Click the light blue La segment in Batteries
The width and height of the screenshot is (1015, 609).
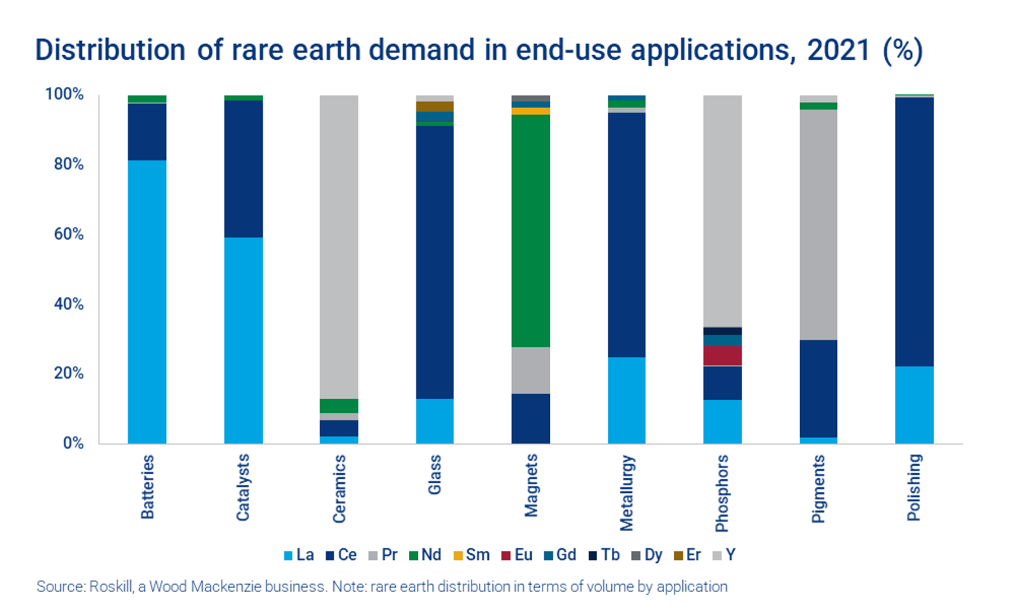[x=147, y=302]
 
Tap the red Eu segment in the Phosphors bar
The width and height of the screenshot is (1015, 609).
[x=722, y=356]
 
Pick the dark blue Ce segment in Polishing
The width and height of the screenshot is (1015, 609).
[x=914, y=232]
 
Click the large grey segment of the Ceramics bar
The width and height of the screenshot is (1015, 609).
[x=339, y=247]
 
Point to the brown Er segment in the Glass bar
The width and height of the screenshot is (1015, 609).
[x=435, y=107]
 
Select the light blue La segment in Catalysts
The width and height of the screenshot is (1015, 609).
[x=243, y=340]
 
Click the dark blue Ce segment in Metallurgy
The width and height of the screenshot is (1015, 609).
[x=626, y=235]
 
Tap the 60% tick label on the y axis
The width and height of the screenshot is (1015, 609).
[x=69, y=234]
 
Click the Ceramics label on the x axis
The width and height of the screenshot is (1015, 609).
[x=339, y=489]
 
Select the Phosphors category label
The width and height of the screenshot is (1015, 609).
[x=722, y=493]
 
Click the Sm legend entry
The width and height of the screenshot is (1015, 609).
[x=471, y=555]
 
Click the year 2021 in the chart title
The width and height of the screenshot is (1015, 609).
[x=839, y=50]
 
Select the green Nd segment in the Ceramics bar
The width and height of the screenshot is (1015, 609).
[x=339, y=406]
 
